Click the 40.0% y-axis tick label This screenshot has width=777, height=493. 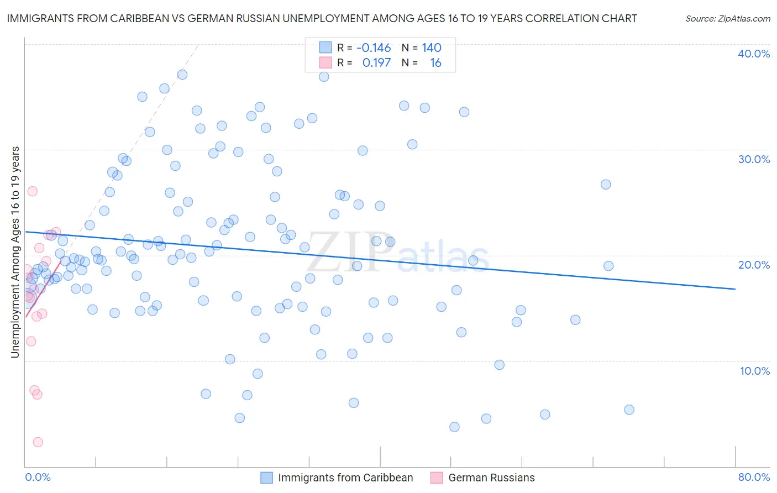754,54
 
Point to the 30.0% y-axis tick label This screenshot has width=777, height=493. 754,159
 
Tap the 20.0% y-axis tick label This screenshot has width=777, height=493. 754,265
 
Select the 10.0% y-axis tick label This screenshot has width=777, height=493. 755,371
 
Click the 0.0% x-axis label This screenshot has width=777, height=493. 38,477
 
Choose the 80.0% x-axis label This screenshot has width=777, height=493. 754,477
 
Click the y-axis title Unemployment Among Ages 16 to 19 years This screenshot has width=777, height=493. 15,252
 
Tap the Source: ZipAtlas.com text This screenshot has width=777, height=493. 727,18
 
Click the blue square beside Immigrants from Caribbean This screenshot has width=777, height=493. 267,478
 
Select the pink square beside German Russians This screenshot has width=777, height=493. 437,478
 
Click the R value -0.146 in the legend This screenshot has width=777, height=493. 374,48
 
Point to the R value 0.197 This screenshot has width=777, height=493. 376,63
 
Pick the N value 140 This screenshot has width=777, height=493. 432,48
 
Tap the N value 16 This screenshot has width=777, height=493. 435,63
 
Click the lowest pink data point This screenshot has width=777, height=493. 38,442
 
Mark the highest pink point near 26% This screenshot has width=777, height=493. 32,191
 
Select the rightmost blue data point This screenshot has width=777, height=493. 629,410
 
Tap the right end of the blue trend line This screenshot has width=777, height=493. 735,289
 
